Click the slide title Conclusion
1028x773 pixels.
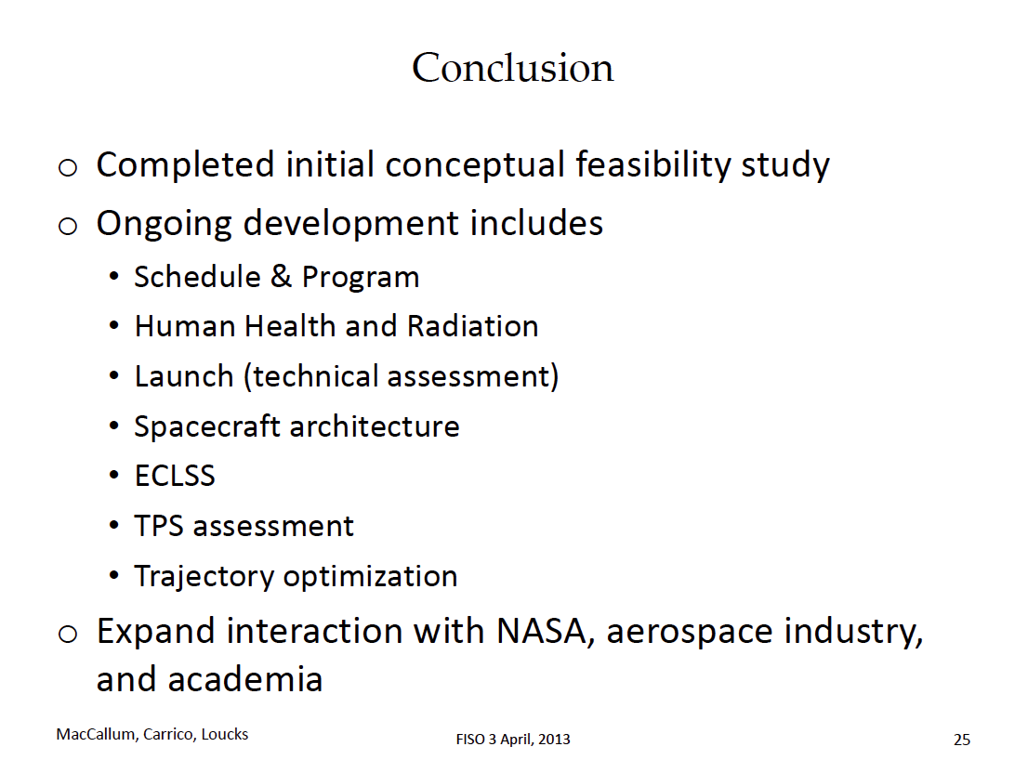513,68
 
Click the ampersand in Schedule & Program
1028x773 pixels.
281,276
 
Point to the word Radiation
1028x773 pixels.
472,325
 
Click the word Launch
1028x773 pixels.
184,376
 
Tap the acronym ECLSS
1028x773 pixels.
175,476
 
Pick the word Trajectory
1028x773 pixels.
204,577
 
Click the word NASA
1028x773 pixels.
542,631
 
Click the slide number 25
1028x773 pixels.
962,740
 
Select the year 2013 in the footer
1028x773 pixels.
554,739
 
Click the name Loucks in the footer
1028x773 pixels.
225,734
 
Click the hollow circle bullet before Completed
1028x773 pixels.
68,168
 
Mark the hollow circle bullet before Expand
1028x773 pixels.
68,635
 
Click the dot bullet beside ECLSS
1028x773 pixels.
114,475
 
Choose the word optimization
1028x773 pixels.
371,577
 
